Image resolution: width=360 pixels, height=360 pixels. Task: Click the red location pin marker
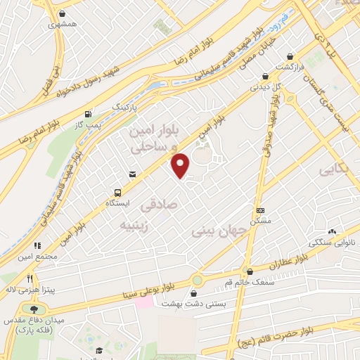181,165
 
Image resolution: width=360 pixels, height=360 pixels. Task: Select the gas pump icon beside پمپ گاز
87,115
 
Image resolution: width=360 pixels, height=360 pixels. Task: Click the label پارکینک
127,105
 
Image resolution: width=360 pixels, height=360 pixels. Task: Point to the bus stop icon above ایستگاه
117,191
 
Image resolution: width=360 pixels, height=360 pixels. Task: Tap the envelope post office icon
131,174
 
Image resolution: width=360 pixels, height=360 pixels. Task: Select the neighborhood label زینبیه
134,226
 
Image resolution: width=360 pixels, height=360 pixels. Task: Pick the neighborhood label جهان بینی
221,230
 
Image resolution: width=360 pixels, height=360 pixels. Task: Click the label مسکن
260,220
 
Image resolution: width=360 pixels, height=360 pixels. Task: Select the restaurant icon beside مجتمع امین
37,245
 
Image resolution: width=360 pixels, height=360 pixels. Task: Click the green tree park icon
32,309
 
